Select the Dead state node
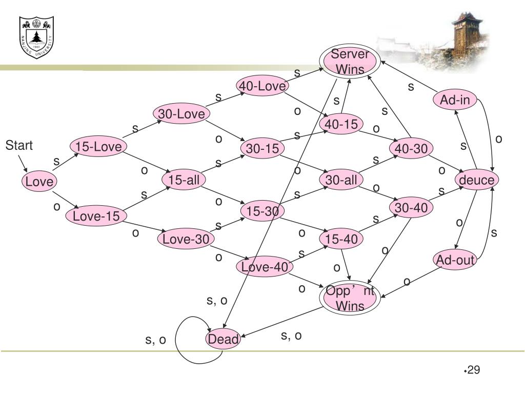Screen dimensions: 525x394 pyautogui.click(x=223, y=339)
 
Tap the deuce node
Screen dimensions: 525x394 pyautogui.click(x=477, y=180)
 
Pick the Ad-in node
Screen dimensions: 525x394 pyautogui.click(x=455, y=100)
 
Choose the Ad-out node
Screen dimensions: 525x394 pyautogui.click(x=455, y=260)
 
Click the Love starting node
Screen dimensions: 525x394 pyautogui.click(x=39, y=182)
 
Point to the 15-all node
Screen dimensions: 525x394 pyautogui.click(x=184, y=180)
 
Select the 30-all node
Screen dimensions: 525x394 pyautogui.click(x=341, y=180)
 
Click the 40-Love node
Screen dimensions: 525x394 pyautogui.click(x=262, y=86)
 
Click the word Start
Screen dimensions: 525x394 pyautogui.click(x=19, y=146)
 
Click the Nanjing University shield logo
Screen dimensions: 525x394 pyautogui.click(x=36, y=37)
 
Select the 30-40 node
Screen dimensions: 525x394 pyautogui.click(x=411, y=208)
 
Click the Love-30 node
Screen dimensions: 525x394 pyautogui.click(x=186, y=239)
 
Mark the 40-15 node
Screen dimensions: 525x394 pyautogui.click(x=341, y=124)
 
